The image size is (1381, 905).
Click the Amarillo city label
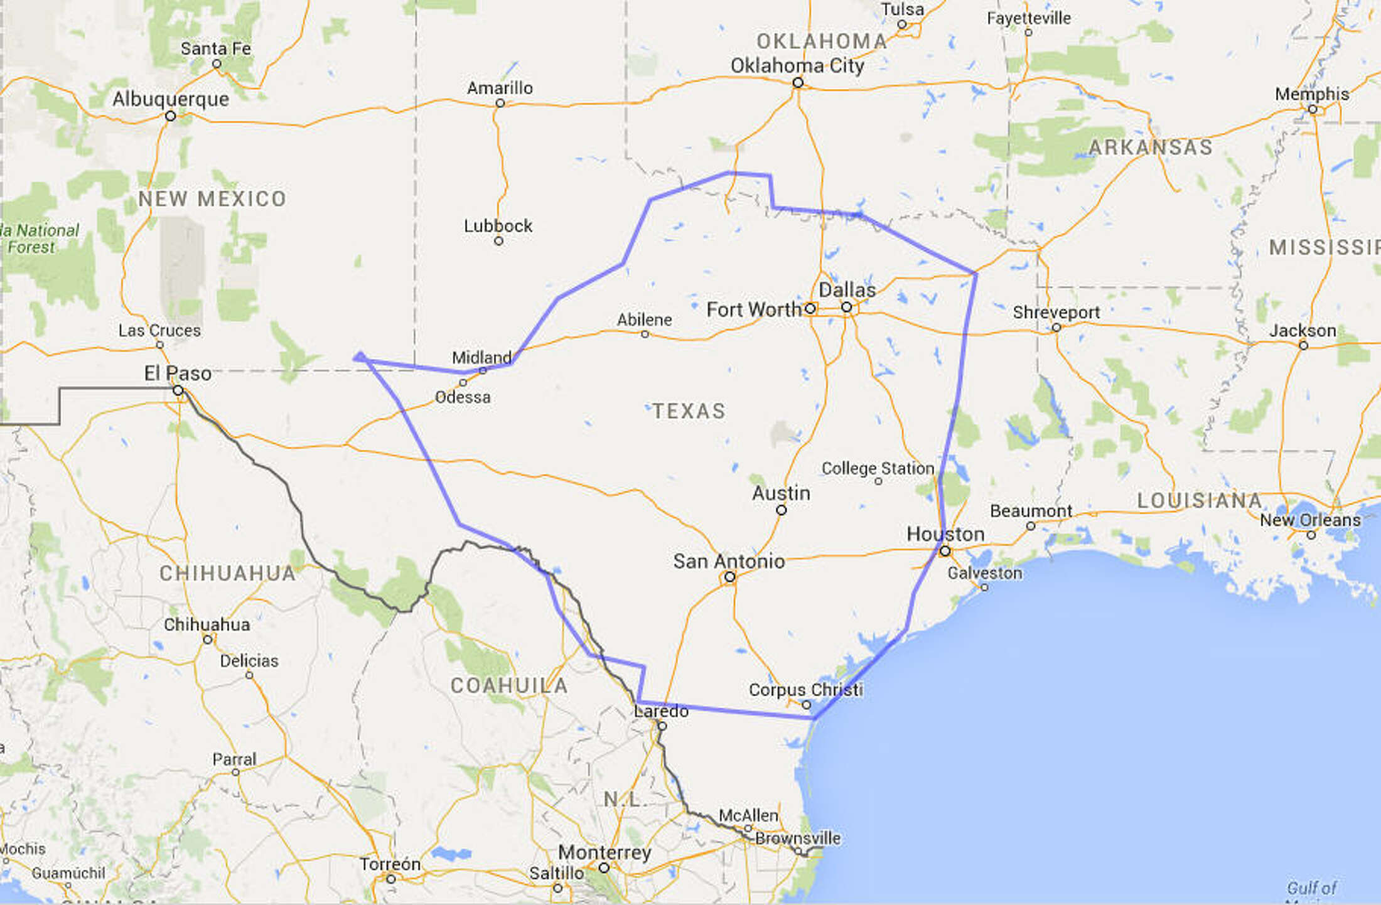pos(500,88)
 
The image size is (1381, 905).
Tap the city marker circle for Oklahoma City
pos(798,83)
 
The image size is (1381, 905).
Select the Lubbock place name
pos(498,226)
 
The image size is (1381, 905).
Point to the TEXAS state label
pos(689,411)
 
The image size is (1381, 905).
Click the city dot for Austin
pos(782,510)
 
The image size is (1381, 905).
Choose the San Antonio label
pos(729,561)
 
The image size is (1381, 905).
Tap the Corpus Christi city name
pos(805,690)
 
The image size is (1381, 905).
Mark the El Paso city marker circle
pos(178,391)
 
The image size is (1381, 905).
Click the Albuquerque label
pos(171,99)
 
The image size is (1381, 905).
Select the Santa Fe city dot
pos(217,64)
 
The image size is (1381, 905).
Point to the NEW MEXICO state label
pos(212,199)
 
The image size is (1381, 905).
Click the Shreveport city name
pos(1056,312)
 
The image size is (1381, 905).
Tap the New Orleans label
pos(1310,520)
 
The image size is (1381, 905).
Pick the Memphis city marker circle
pos(1313,109)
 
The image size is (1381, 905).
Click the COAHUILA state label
pos(509,685)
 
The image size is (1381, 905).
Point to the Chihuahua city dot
pos(208,640)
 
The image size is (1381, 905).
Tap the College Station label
pos(878,468)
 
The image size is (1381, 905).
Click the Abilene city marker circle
pos(645,335)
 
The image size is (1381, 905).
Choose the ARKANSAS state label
pos(1150,147)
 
